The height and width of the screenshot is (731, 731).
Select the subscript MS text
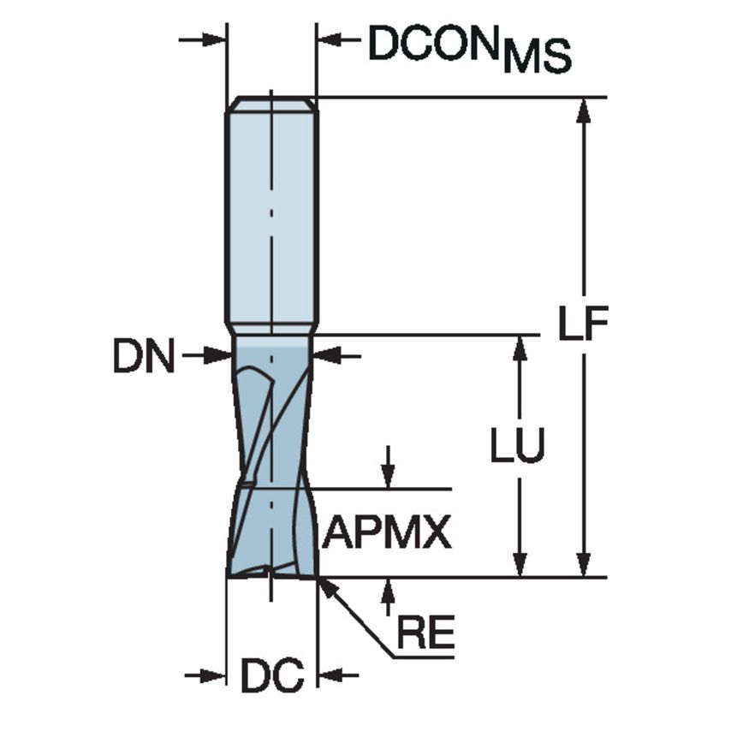pyautogui.click(x=537, y=58)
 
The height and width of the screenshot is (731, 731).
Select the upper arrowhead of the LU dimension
pyautogui.click(x=518, y=348)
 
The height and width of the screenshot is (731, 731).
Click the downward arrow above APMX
pyautogui.click(x=389, y=476)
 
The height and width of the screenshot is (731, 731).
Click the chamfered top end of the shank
pyautogui.click(x=270, y=104)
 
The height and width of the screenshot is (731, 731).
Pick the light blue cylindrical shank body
pyautogui.click(x=270, y=214)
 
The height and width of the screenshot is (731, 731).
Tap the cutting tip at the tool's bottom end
pyautogui.click(x=270, y=571)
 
